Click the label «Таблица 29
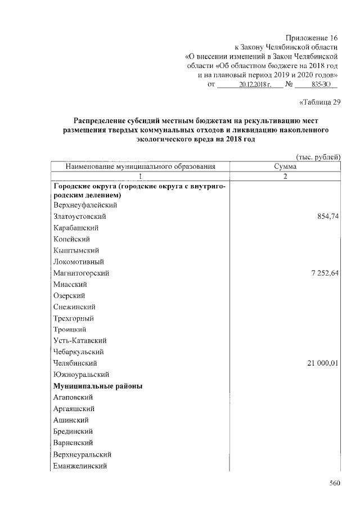[x=317, y=102]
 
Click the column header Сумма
[x=285, y=166]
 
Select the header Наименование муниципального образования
[x=141, y=166]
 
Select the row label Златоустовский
[x=80, y=217]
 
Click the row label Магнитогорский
[x=81, y=273]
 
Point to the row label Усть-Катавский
[x=80, y=340]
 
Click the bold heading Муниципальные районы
[x=97, y=386]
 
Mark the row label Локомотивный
[x=79, y=262]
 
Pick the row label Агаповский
[x=73, y=398]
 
